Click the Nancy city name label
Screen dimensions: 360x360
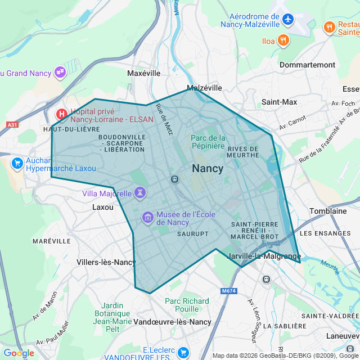[208, 168]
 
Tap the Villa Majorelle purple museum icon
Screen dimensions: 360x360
[139, 193]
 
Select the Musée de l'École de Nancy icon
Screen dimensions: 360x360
[148, 217]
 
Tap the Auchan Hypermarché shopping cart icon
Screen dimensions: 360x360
[17, 163]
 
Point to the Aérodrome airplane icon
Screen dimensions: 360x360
[288, 20]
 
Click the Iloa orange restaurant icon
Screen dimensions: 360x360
[283, 40]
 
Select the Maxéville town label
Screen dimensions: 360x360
[143, 73]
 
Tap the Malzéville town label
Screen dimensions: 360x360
[204, 88]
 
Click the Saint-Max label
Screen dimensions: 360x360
[279, 102]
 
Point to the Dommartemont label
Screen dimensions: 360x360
[307, 65]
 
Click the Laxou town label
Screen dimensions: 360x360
[102, 207]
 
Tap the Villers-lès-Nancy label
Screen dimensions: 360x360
[106, 262]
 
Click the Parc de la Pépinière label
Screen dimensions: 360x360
[208, 142]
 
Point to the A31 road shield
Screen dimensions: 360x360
[12, 125]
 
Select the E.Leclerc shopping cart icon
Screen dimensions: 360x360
[183, 353]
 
